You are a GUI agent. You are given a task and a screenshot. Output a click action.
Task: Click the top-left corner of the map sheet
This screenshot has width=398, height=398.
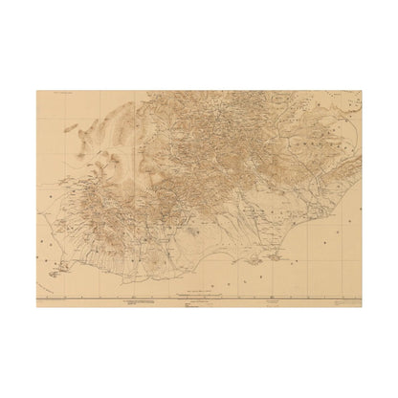pyautogui.click(x=37, y=91)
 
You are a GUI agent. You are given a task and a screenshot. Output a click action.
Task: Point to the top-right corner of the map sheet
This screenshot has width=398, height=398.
pyautogui.click(x=362, y=91)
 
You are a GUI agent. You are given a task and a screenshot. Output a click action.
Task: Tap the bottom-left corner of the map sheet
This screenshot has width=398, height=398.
pyautogui.click(x=37, y=307)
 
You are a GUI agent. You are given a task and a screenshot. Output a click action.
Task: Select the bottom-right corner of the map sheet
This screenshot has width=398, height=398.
pyautogui.click(x=362, y=307)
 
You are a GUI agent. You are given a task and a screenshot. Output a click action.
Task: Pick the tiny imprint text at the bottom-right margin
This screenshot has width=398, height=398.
pyautogui.click(x=349, y=303)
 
